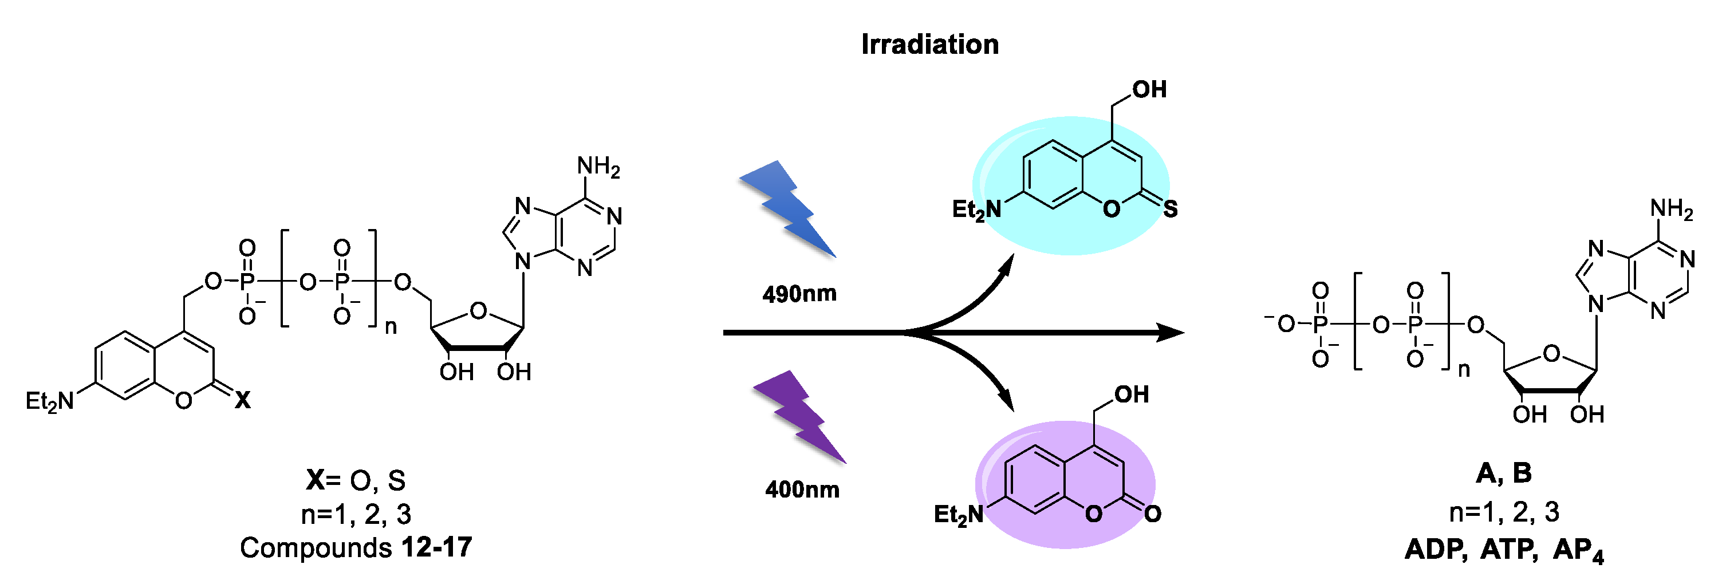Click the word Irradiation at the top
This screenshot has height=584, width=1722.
[929, 45]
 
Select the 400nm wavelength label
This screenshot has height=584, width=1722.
[802, 490]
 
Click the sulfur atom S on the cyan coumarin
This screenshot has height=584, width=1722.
[1170, 209]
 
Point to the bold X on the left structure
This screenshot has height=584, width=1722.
[243, 400]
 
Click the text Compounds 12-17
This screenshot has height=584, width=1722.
[356, 548]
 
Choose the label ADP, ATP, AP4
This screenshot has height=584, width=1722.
[1504, 550]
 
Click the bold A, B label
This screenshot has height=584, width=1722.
[1503, 473]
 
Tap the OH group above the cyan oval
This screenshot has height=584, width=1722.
[1149, 89]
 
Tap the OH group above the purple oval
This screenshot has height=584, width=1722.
[1131, 395]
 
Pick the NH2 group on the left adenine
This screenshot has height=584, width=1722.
[598, 167]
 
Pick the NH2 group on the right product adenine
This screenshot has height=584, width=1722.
[1671, 209]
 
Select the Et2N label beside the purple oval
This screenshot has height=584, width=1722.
[959, 515]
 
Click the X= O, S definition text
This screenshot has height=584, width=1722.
[356, 480]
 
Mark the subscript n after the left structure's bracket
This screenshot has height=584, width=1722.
[391, 327]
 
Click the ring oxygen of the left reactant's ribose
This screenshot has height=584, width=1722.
[478, 311]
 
